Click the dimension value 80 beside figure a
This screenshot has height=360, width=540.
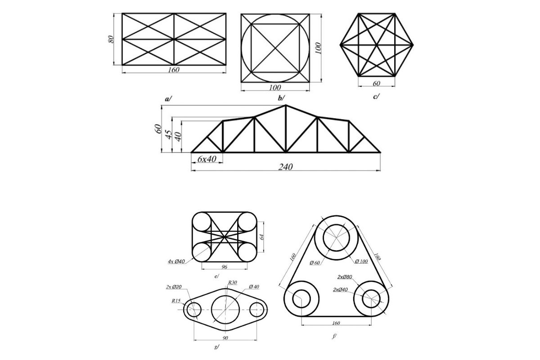click(110, 39)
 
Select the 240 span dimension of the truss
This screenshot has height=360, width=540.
click(285, 167)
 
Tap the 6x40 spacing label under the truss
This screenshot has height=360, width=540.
click(207, 159)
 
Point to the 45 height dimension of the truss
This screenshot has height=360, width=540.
click(168, 135)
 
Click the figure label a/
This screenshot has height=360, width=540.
click(168, 99)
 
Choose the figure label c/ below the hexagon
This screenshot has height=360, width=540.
click(376, 97)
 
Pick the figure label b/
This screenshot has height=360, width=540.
click(281, 98)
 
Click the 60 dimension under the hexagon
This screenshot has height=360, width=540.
click(376, 83)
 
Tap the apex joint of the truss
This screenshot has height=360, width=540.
click(286, 105)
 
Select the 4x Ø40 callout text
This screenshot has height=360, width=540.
click(176, 261)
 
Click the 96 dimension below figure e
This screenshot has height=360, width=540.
click(224, 267)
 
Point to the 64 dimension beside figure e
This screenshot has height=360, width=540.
click(262, 237)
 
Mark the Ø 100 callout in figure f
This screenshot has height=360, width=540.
click(361, 261)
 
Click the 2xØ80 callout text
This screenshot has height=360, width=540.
click(345, 277)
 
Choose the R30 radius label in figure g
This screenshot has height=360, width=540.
click(233, 282)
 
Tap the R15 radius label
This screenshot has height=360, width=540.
click(176, 301)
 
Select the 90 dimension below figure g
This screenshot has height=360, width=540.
click(225, 338)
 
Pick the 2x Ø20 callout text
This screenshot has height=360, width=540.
click(174, 287)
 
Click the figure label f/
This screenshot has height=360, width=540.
click(334, 336)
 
